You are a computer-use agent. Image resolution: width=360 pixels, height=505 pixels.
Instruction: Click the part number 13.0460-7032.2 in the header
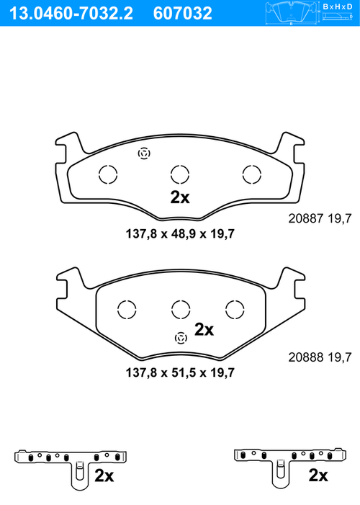click(x=69, y=13)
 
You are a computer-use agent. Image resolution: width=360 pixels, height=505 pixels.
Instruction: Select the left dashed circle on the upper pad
click(x=107, y=174)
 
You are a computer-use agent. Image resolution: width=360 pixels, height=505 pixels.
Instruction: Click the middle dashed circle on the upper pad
click(x=179, y=174)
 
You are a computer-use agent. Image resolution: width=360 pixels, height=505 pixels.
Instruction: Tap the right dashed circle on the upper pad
click(x=251, y=174)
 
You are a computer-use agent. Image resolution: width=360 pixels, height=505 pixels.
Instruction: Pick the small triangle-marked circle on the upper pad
click(x=144, y=153)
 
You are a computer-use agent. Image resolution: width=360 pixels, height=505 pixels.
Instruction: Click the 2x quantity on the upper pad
click(x=179, y=198)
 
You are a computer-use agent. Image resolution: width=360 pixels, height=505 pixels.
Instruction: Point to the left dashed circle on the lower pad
click(x=126, y=309)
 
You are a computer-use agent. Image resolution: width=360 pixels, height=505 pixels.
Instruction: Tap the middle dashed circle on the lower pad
click(x=180, y=309)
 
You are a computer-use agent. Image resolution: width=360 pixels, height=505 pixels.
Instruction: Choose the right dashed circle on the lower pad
click(x=235, y=309)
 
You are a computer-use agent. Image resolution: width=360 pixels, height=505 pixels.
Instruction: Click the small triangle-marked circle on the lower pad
click(x=181, y=337)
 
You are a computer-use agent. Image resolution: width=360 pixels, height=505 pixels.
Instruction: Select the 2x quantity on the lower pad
click(x=204, y=330)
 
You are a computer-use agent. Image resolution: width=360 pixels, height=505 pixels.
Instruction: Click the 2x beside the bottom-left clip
click(x=104, y=476)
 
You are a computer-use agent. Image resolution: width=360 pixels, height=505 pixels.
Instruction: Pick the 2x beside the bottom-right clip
click(x=318, y=476)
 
